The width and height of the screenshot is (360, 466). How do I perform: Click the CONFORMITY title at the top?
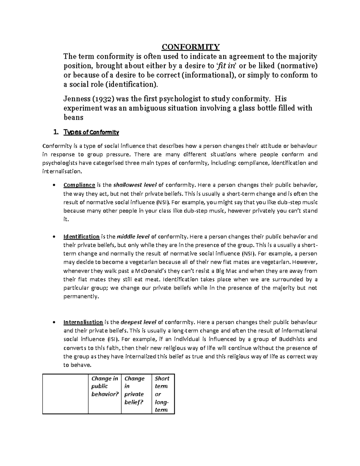click(191, 47)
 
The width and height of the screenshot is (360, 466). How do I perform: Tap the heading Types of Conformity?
click(91, 132)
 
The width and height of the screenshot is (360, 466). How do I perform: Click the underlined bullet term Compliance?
click(79, 185)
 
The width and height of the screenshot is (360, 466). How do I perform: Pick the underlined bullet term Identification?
click(81, 236)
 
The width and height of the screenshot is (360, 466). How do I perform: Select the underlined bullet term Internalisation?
click(83, 322)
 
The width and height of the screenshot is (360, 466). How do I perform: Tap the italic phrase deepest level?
click(138, 322)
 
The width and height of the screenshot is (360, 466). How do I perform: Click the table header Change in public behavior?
click(105, 386)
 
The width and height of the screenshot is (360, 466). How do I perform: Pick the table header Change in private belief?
click(134, 390)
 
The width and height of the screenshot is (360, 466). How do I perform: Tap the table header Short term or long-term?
click(162, 394)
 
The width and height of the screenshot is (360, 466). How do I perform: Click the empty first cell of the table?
click(65, 394)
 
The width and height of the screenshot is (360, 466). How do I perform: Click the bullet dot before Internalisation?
click(53, 323)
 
